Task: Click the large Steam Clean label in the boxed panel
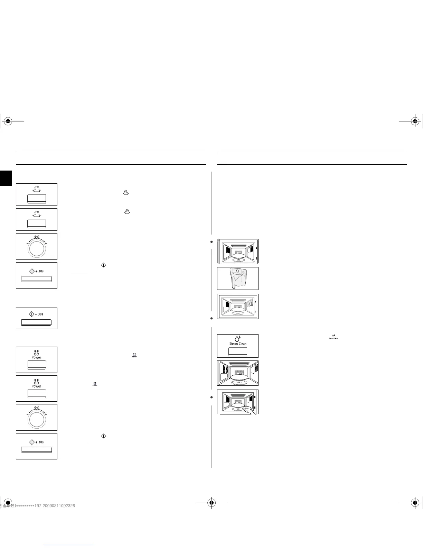(x=238, y=344)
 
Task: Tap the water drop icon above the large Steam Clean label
(x=237, y=338)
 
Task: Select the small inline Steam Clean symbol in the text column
(x=333, y=336)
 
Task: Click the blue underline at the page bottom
(x=69, y=545)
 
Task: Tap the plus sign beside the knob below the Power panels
(x=46, y=414)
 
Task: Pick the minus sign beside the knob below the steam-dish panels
(x=28, y=244)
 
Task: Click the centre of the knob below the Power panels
(x=36, y=420)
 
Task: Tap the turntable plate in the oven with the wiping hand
(x=238, y=405)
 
